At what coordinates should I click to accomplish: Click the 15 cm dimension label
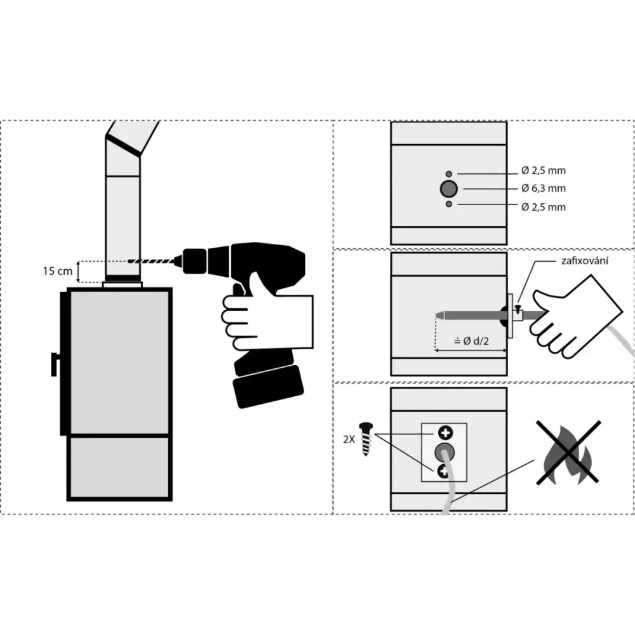[x=58, y=271]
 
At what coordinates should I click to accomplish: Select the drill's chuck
[x=195, y=261]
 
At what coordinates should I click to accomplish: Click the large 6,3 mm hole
[x=449, y=189]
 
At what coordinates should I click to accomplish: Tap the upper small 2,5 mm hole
[x=449, y=174]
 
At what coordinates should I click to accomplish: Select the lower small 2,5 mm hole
[x=449, y=204]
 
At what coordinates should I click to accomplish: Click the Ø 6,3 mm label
[x=544, y=189]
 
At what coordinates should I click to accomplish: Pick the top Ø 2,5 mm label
[x=544, y=170]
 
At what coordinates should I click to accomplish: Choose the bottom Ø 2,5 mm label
[x=544, y=207]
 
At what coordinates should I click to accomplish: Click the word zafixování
[x=585, y=260]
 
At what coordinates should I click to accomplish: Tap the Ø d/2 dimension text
[x=471, y=341]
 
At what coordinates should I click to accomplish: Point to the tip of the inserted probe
[x=436, y=316]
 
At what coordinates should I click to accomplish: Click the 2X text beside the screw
[x=349, y=439]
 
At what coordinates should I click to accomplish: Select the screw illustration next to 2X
[x=366, y=439]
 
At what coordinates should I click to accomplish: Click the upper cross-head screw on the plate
[x=445, y=433]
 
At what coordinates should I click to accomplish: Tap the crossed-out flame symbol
[x=568, y=452]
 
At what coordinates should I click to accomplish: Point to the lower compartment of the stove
[x=119, y=467]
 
